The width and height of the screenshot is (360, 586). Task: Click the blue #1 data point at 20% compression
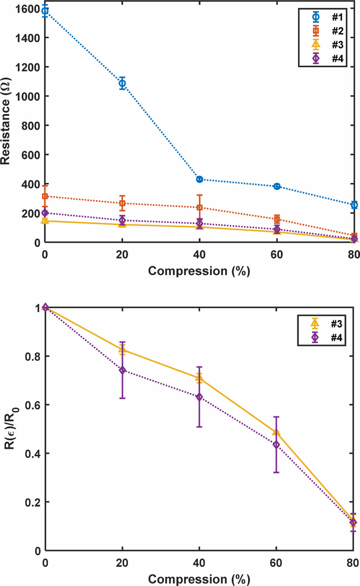click(122, 83)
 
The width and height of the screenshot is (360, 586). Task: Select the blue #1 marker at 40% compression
click(200, 179)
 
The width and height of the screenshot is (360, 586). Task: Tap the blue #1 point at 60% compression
click(277, 186)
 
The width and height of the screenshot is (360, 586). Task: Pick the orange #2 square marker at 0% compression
click(45, 196)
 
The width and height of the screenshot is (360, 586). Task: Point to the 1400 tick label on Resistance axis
click(28, 38)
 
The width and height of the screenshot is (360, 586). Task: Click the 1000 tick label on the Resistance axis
click(28, 97)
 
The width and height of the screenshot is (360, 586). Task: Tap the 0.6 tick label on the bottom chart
click(33, 405)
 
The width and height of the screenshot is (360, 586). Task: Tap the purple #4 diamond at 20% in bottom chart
click(122, 370)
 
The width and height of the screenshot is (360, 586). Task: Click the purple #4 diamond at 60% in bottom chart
click(276, 445)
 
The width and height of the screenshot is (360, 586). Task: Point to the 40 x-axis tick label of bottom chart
click(199, 563)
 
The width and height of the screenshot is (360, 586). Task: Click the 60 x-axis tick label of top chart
click(276, 255)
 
